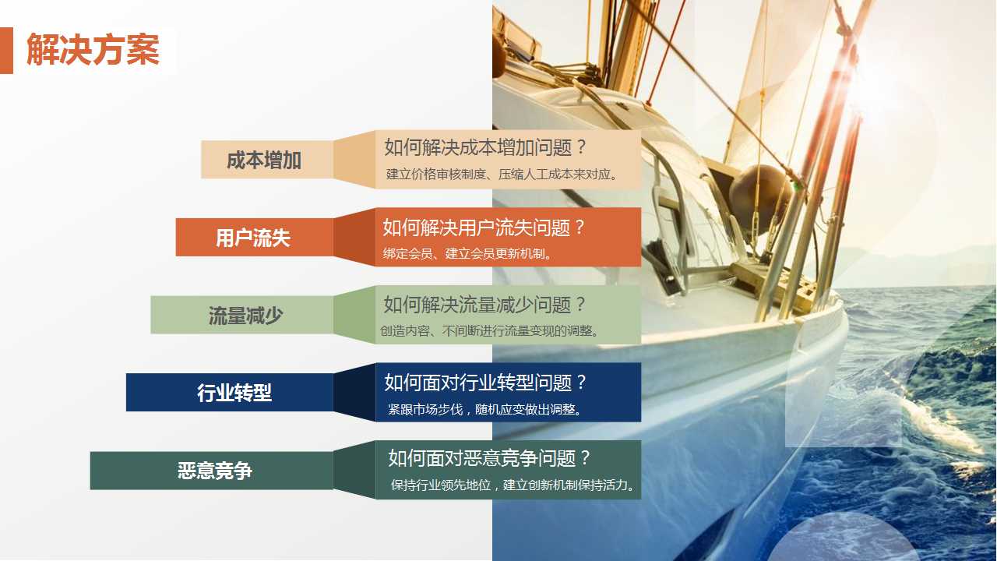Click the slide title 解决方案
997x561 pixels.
93,51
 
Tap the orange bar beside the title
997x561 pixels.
6,51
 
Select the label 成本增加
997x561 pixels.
264,161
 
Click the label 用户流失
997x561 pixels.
253,238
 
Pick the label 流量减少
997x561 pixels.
245,316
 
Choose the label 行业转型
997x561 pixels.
234,393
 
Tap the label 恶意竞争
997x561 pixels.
215,471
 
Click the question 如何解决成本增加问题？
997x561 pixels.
484,147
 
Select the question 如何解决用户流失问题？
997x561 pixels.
484,228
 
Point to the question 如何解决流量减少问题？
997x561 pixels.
484,305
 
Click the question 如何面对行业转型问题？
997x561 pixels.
485,383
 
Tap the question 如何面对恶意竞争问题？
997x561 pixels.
489,457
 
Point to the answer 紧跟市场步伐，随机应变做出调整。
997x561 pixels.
485,409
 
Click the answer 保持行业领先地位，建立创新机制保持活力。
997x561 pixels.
514,485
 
